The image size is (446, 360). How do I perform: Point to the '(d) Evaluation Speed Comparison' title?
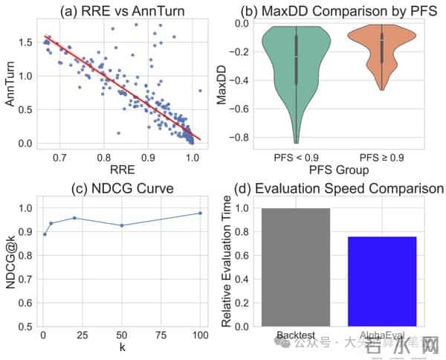pyautogui.click(x=339, y=188)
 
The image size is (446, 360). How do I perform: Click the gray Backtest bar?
pyautogui.click(x=296, y=268)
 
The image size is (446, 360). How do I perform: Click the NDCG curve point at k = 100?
pyautogui.click(x=200, y=213)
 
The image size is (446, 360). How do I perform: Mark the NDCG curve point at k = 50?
pyautogui.click(x=121, y=225)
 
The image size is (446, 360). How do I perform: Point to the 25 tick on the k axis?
pyautogui.click(x=83, y=335)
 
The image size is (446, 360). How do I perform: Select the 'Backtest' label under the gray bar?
pyautogui.click(x=296, y=335)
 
